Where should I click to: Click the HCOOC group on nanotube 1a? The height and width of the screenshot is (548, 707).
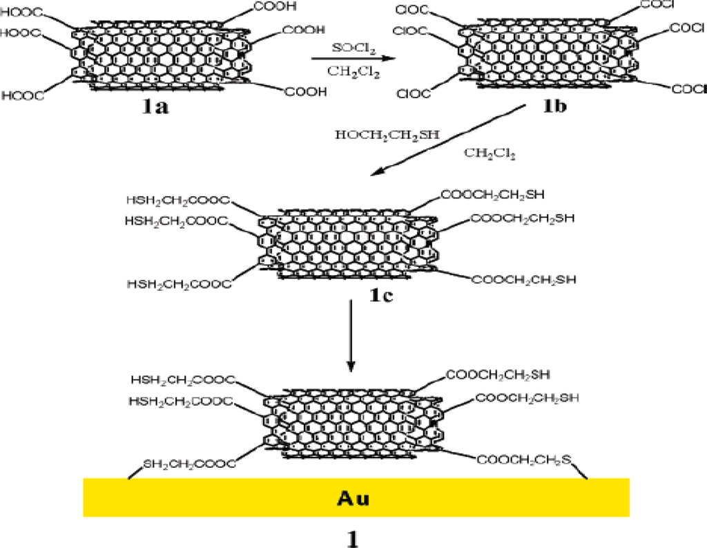[23, 95]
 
